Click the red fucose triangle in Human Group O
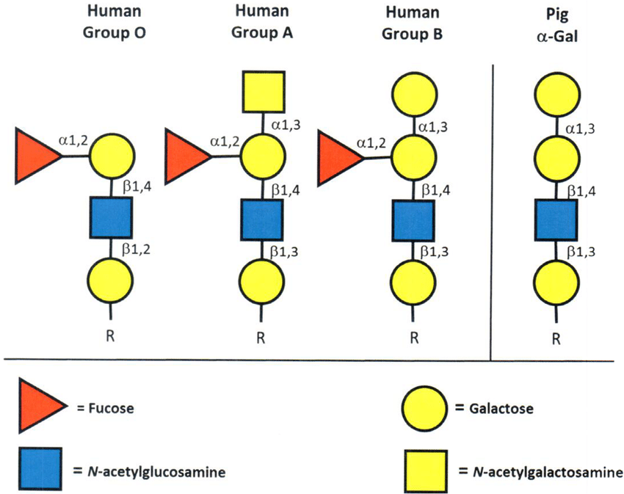(x=34, y=156)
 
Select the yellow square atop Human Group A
(x=264, y=92)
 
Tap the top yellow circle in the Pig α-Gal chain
(x=556, y=95)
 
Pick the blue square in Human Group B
(x=413, y=220)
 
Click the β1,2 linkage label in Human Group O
(x=136, y=250)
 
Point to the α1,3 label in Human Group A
(x=286, y=125)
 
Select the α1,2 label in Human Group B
(x=371, y=143)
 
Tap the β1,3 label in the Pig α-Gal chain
(x=581, y=252)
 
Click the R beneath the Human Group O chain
(x=110, y=336)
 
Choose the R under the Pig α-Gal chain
(x=556, y=339)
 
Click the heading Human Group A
(x=262, y=21)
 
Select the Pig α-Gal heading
(x=556, y=26)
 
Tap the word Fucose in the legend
(x=111, y=408)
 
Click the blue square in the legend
(x=40, y=468)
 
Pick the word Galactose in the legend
(x=501, y=408)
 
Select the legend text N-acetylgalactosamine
(x=548, y=472)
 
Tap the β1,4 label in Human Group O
(x=137, y=186)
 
